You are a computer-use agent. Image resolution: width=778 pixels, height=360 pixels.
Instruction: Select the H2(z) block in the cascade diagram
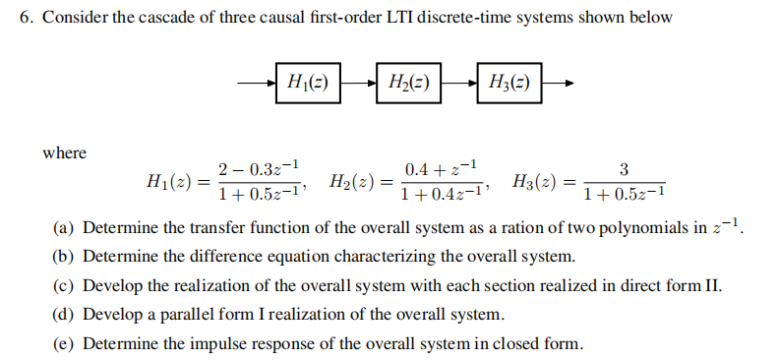pos(406,84)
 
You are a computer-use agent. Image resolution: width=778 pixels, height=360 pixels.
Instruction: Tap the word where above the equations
pos(64,153)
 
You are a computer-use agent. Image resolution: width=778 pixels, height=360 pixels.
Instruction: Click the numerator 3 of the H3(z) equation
pos(625,168)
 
